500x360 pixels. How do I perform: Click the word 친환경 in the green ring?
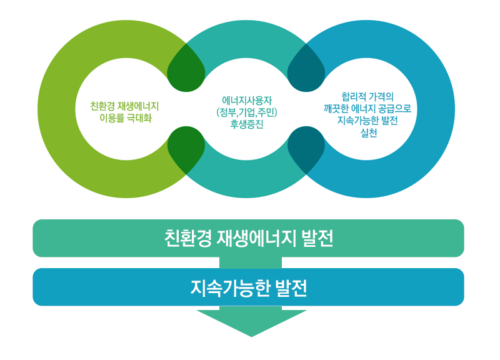[x=102, y=105]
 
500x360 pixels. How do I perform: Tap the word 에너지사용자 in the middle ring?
[x=247, y=100]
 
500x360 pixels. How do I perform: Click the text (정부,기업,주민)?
[x=247, y=112]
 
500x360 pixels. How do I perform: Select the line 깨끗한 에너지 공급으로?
[x=368, y=108]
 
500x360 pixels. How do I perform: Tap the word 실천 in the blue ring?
[x=368, y=132]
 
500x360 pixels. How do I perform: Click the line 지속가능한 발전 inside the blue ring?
[x=368, y=121]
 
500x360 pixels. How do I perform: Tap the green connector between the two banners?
[x=250, y=262]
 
